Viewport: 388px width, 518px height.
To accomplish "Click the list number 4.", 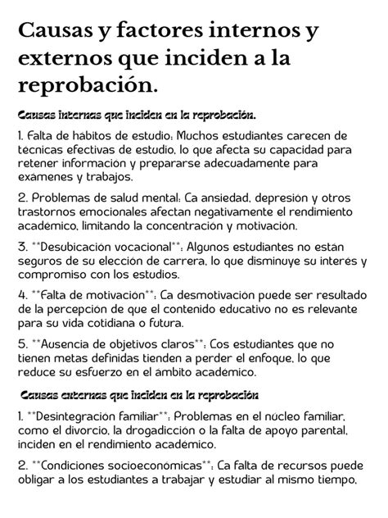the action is pos(21,295).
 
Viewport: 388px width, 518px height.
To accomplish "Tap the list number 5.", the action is pos(21,344).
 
